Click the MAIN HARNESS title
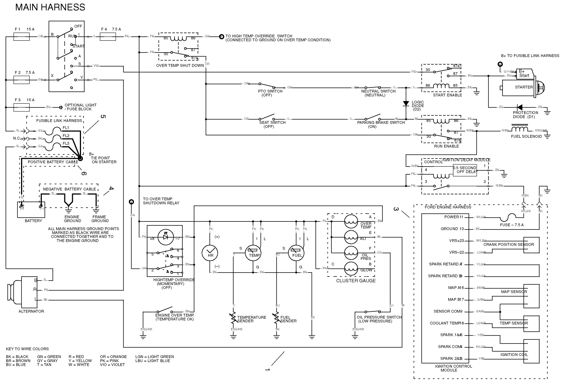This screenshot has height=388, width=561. click(x=50, y=7)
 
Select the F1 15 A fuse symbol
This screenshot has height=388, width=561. click(x=21, y=36)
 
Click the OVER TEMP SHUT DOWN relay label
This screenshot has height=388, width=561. click(x=180, y=66)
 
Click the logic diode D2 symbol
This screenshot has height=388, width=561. click(x=406, y=104)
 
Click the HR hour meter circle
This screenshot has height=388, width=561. click(x=210, y=253)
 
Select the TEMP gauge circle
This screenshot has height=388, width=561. click(x=254, y=254)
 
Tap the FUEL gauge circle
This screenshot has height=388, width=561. click(x=297, y=254)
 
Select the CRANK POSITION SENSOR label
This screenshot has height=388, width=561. click(x=508, y=244)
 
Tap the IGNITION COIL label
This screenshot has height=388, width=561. click(x=514, y=354)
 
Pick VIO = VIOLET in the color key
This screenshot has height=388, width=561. click(x=112, y=365)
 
